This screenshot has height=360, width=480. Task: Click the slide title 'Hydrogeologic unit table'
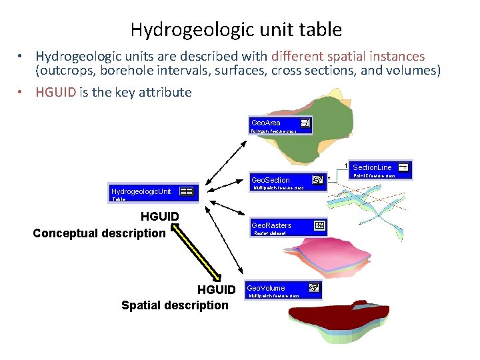pyautogui.click(x=236, y=30)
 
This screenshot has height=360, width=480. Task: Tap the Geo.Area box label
pyautogui.click(x=266, y=123)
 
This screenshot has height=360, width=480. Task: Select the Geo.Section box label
pyautogui.click(x=271, y=180)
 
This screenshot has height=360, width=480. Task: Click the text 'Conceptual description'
pyautogui.click(x=99, y=233)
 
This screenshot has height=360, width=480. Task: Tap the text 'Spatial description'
pyautogui.click(x=175, y=305)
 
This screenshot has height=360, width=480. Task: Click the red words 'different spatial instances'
pyautogui.click(x=347, y=57)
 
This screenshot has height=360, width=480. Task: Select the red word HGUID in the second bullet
pyautogui.click(x=56, y=93)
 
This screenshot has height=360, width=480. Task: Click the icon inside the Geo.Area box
pyautogui.click(x=305, y=123)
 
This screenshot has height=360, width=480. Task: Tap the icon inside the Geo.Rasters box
pyautogui.click(x=319, y=225)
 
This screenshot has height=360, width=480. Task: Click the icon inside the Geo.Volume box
pyautogui.click(x=314, y=288)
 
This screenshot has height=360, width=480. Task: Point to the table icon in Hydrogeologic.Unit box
pyautogui.click(x=187, y=191)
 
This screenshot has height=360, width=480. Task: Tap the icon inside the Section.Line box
pyautogui.click(x=403, y=167)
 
